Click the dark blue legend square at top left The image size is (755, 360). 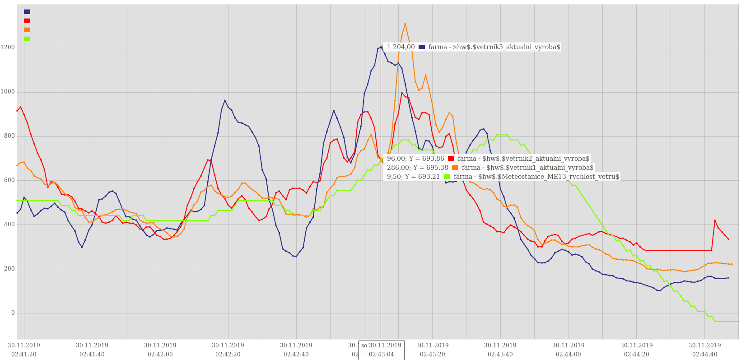point(27,12)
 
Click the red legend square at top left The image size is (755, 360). point(27,21)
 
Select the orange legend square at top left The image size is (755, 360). point(27,30)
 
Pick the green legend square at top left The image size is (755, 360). point(27,39)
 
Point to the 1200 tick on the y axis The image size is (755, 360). point(8,47)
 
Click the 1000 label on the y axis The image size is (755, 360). point(8,92)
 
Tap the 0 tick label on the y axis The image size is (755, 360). point(13,313)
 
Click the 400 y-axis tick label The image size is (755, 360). point(9,224)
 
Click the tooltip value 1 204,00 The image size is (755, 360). point(401,47)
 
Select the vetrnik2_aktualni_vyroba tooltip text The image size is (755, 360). point(523,159)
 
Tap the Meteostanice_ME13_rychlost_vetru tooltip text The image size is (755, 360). point(536,177)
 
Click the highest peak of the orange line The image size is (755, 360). point(405,23)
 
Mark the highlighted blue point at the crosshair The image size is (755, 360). point(381,47)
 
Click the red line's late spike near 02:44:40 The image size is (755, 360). point(715,220)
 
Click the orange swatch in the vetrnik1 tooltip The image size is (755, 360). point(455,168)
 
